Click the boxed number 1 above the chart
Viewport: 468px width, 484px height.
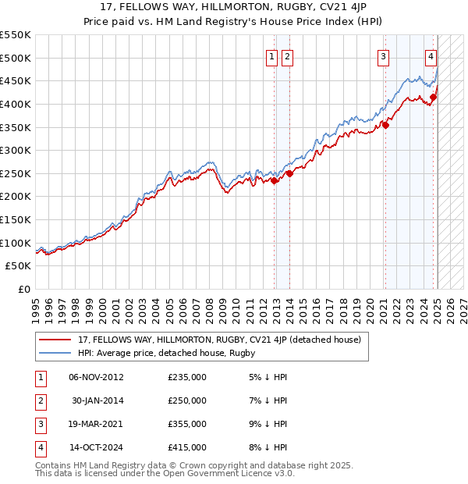271,55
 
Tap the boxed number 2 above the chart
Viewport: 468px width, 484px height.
287,55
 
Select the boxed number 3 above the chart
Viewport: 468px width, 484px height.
384,55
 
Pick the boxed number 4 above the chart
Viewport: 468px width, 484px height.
431,55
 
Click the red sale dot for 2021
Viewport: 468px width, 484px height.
385,125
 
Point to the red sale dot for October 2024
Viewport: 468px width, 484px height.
433,98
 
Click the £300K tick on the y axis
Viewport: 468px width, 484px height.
16,150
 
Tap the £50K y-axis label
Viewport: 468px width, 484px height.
19,266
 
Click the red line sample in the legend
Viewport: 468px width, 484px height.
55,340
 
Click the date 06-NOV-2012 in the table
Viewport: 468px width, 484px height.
96,377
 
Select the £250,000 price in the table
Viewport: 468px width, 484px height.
187,400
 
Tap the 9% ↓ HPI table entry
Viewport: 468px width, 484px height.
265,424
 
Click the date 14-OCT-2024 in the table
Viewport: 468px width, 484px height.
96,447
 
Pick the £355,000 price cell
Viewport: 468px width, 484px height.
187,424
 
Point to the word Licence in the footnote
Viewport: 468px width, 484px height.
247,473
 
